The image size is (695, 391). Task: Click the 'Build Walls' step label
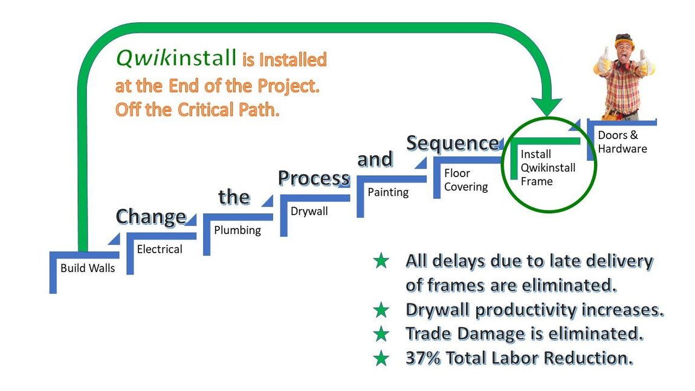tap(87, 268)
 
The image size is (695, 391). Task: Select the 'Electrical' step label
tap(159, 249)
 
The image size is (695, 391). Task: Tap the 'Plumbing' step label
tap(237, 230)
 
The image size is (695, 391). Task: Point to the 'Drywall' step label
tap(309, 212)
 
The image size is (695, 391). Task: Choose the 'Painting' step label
tap(388, 192)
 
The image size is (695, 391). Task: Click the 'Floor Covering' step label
tap(466, 180)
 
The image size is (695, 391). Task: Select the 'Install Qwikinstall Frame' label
tap(548, 167)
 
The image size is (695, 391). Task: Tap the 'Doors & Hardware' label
tap(622, 142)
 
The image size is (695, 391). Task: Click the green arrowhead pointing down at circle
tap(548, 107)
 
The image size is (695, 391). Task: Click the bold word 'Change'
tap(150, 217)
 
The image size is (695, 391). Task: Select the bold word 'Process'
tap(314, 178)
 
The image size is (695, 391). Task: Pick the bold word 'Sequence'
tap(453, 144)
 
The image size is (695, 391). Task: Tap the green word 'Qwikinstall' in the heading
tap(176, 58)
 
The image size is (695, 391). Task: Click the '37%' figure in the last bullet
tap(423, 358)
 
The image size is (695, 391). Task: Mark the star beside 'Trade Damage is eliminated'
tap(381, 334)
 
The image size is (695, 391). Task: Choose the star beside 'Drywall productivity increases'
tap(381, 310)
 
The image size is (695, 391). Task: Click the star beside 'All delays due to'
tap(381, 261)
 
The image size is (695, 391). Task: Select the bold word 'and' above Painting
tap(375, 160)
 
